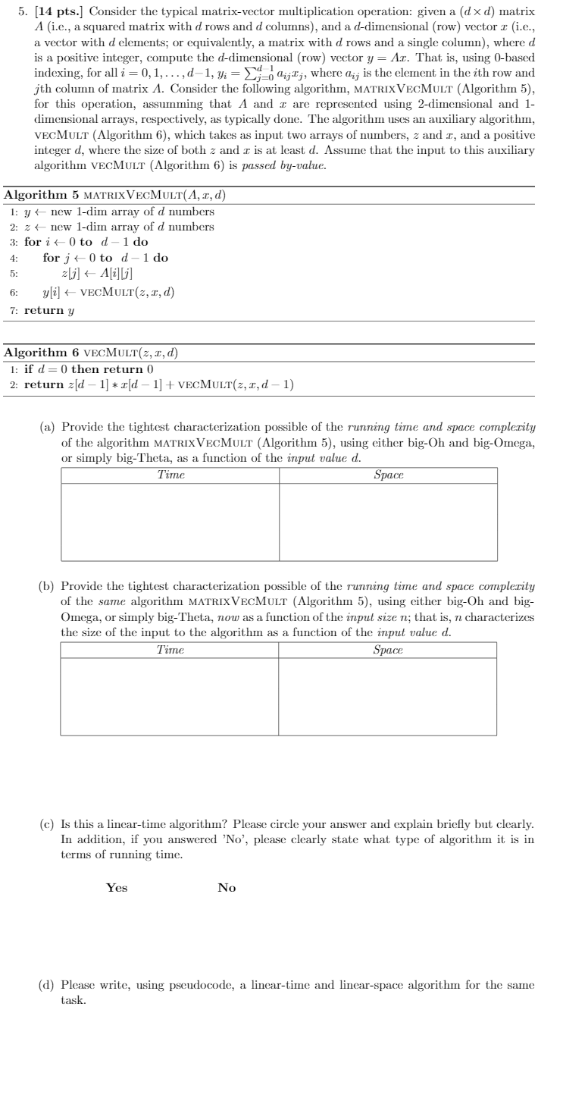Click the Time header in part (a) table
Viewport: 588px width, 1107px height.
pos(170,475)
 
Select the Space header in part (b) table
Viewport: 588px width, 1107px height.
pos(388,650)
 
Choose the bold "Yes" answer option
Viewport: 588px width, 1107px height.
pos(117,889)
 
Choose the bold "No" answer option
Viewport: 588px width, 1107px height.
pos(227,889)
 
